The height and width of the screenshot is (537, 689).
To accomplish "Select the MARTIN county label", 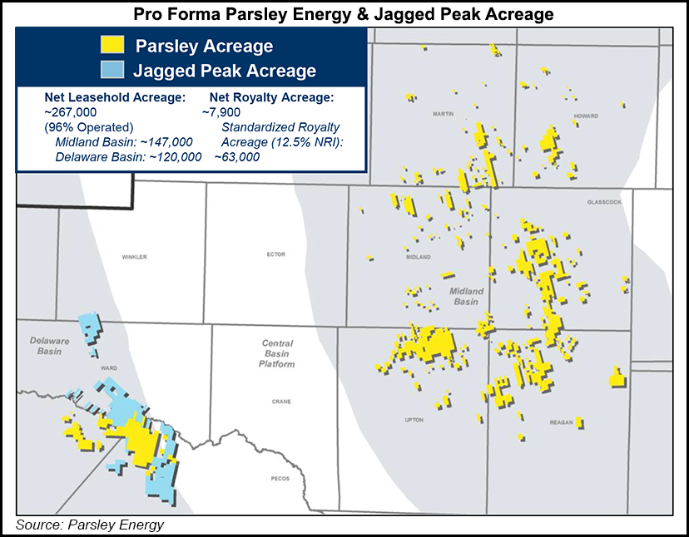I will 444,115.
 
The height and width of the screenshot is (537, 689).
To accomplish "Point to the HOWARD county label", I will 586,116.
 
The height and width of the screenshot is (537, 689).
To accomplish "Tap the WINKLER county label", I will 134,257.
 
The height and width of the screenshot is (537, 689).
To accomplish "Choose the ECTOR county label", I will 275,256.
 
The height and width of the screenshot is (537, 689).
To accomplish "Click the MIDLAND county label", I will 418,258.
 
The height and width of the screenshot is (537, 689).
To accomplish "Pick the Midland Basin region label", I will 471,297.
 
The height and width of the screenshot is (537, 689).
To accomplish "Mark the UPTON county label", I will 414,421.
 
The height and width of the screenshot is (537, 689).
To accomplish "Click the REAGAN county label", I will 562,423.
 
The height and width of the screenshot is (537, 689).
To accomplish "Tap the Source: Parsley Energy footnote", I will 90,525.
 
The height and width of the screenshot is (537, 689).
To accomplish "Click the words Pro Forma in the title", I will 170,14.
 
